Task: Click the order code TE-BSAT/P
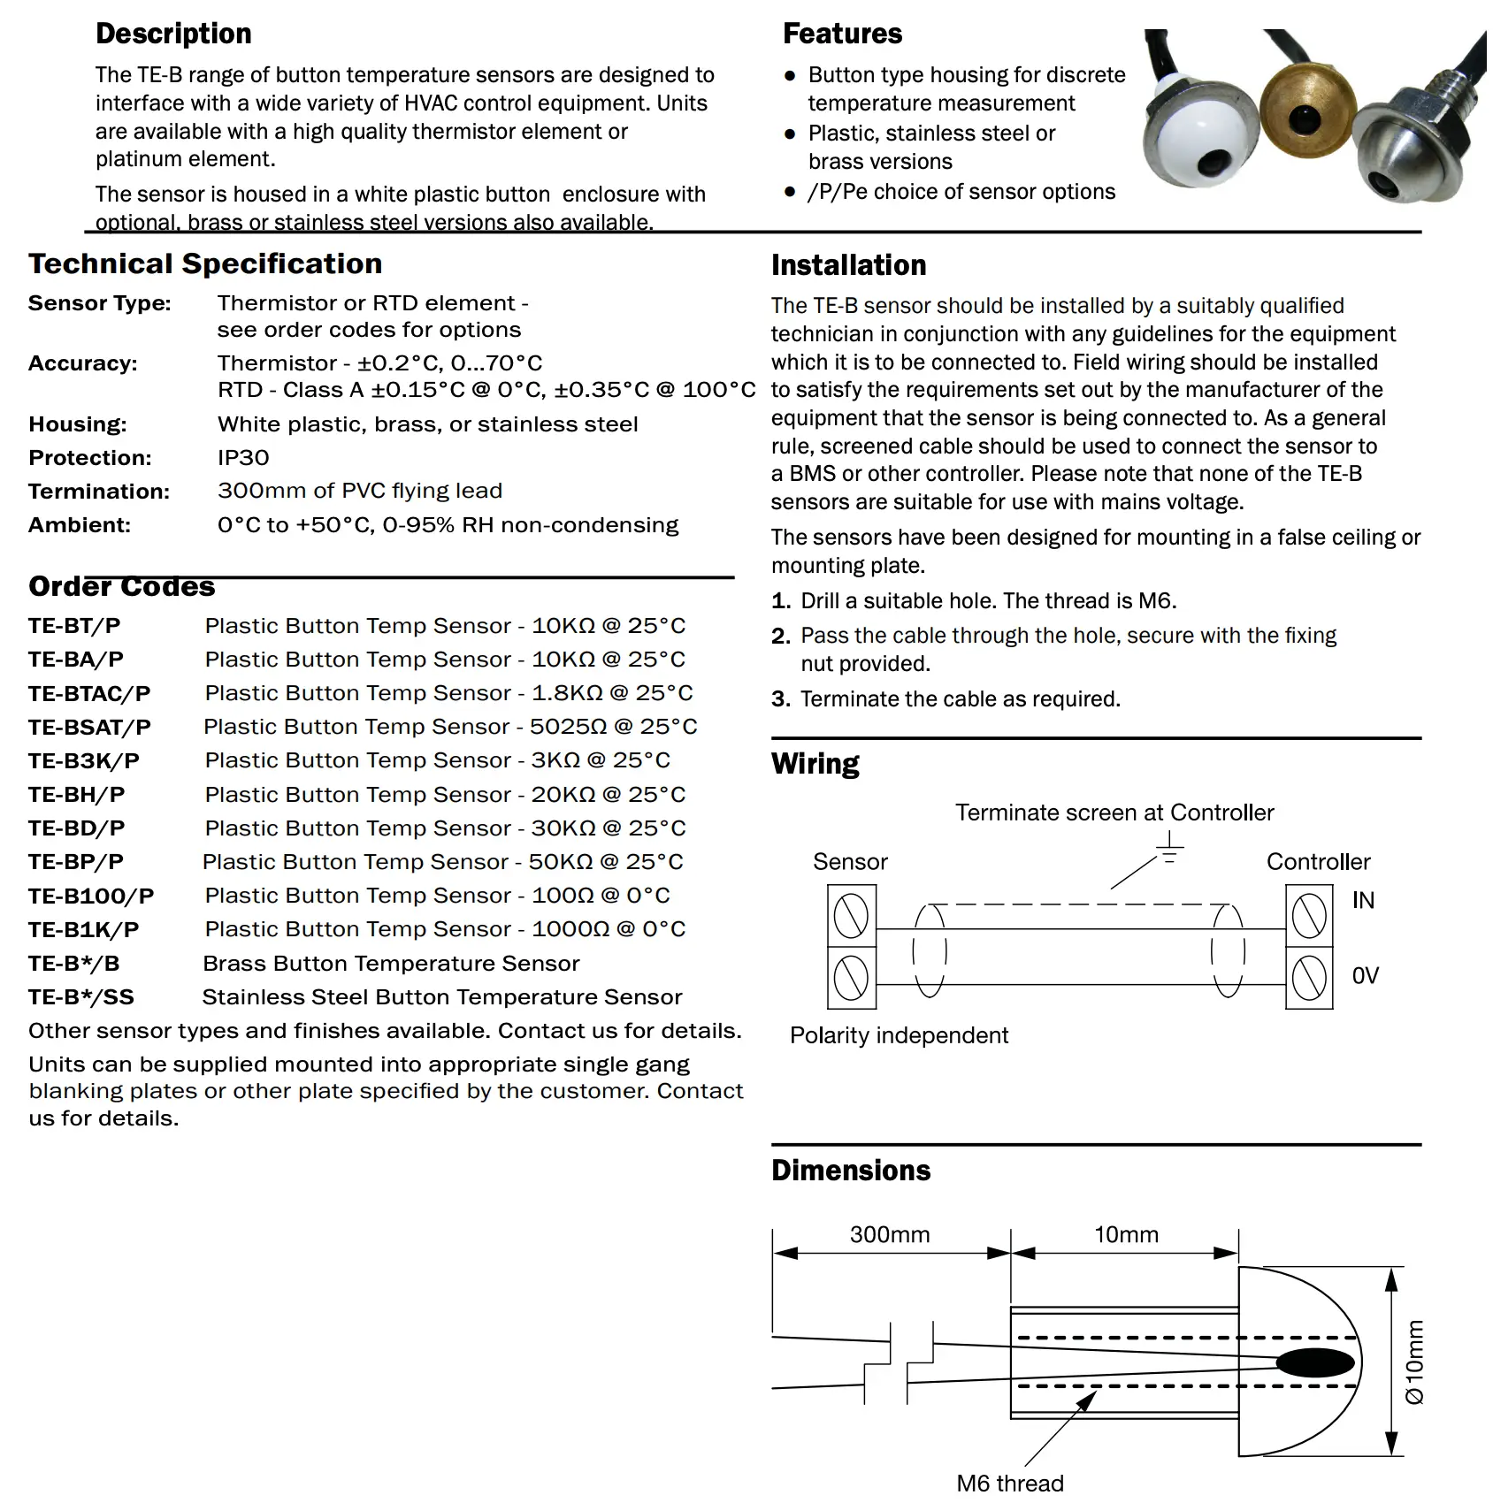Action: tap(89, 728)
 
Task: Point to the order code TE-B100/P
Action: tap(91, 896)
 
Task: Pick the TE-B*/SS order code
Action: tap(81, 997)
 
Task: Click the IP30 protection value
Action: tap(243, 458)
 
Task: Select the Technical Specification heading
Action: tap(205, 263)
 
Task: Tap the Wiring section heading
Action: tap(815, 764)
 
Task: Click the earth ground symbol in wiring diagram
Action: tap(1169, 848)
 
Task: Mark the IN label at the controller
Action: tap(1363, 901)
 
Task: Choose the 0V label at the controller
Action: tap(1365, 976)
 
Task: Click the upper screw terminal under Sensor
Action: tap(851, 916)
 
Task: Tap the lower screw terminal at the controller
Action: tap(1309, 978)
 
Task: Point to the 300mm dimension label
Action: tap(890, 1235)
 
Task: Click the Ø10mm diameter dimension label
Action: tap(1415, 1362)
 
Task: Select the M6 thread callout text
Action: tap(1010, 1484)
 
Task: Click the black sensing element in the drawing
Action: tap(1315, 1362)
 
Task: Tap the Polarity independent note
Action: tap(899, 1035)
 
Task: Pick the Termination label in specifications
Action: tap(99, 492)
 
